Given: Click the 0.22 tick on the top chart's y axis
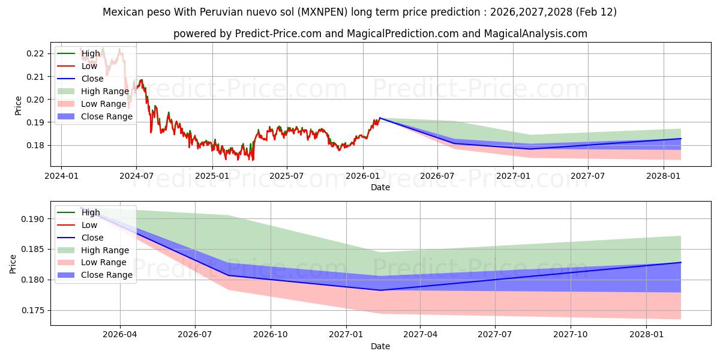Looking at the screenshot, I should pos(35,53).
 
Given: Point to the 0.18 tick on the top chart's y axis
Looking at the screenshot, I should pos(35,145).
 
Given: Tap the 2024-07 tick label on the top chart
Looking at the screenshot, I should pos(136,176).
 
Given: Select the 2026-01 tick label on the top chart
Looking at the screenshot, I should pos(362,176).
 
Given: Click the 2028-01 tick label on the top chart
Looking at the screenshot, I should pos(664,176).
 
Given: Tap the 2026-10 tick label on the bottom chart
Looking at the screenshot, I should pos(271,335).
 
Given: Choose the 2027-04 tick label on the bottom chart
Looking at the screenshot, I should pos(420,335).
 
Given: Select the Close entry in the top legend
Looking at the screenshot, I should pos(92,79).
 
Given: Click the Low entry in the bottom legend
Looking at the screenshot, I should pos(89,225).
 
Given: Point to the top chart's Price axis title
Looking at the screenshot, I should pos(18,106).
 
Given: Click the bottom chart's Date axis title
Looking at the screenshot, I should pos(380,346).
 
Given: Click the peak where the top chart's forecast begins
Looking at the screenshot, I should pos(380,118).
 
